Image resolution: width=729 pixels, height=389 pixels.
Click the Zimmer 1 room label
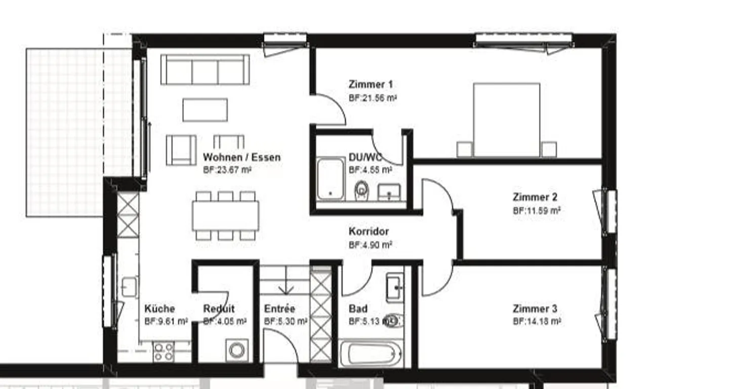371,85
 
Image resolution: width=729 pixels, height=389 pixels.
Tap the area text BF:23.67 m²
227,170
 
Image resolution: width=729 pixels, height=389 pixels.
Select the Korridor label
369,231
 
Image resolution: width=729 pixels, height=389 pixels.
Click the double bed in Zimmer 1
506,120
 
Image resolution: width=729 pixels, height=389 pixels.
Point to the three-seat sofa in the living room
205,70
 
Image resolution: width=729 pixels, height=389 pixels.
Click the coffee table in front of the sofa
205,110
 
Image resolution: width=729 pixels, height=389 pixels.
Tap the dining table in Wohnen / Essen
225,215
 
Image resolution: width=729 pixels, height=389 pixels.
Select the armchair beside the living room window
181,150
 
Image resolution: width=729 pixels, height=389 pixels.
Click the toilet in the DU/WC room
361,190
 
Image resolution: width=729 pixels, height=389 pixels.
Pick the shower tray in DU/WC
330,179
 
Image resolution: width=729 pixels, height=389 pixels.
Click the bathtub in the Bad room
371,354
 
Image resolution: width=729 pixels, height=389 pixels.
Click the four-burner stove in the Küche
164,352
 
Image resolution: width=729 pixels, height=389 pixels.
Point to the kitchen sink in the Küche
129,287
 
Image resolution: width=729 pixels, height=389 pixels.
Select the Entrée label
279,308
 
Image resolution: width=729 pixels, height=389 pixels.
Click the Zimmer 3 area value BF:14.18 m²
537,321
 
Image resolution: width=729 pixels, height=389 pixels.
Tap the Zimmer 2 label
535,197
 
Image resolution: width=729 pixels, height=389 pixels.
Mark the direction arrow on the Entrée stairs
286,286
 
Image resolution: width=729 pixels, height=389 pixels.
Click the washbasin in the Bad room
394,287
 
